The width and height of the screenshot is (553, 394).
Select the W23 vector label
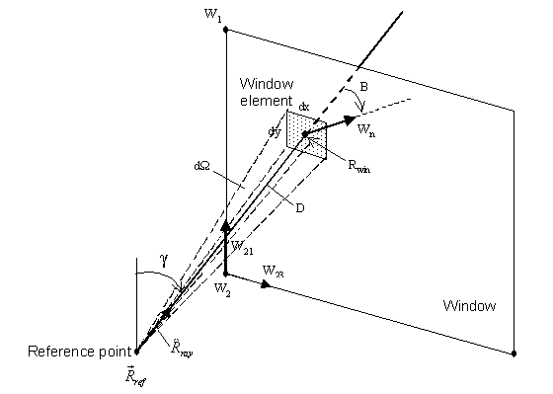(275, 270)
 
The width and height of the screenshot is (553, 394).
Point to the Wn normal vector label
(365, 129)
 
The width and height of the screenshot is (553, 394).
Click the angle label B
(363, 88)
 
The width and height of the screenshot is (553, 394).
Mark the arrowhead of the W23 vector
(268, 284)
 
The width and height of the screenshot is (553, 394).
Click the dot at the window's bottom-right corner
(513, 352)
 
